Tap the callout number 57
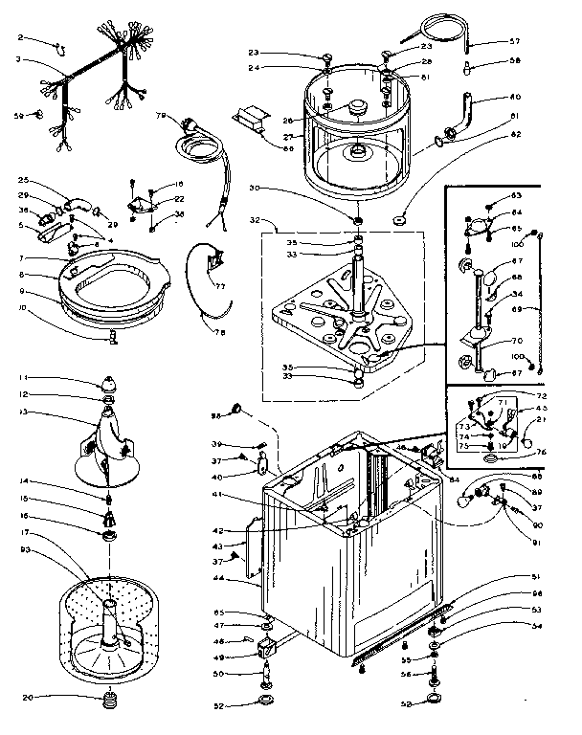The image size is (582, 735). click(514, 41)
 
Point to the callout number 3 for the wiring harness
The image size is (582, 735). click(19, 59)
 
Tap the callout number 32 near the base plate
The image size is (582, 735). click(254, 219)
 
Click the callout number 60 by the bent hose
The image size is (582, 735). click(514, 97)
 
